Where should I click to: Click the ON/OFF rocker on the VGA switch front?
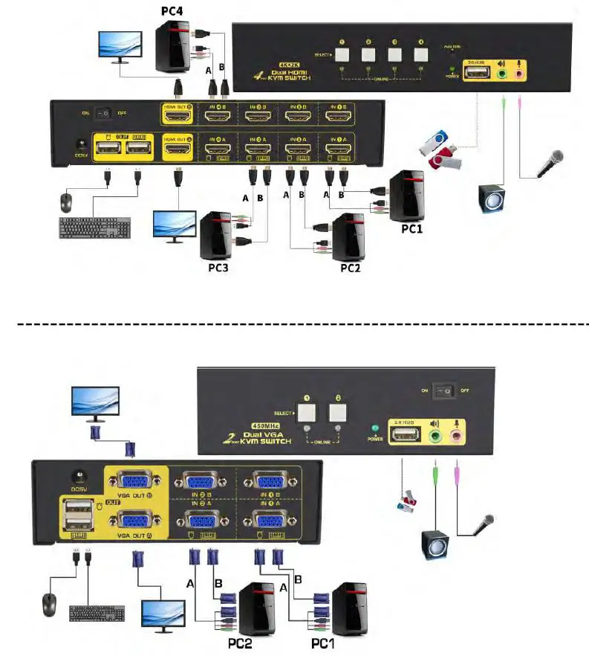(x=446, y=390)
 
